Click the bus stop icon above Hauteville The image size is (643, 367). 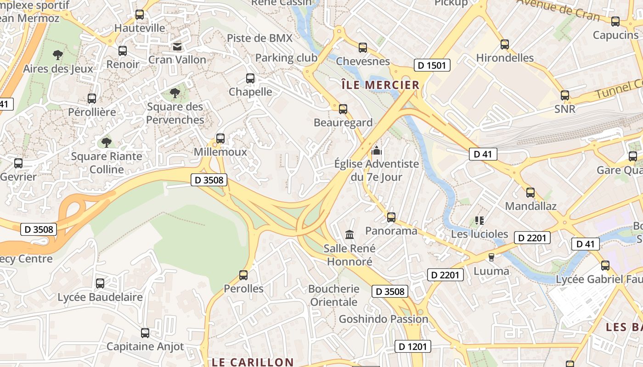coord(140,15)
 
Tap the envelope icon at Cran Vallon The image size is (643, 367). coord(177,46)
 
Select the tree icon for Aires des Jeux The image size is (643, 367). coord(58,56)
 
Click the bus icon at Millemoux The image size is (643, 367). coord(220,138)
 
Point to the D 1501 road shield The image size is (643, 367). coord(432,65)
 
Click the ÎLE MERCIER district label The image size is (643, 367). coord(381,85)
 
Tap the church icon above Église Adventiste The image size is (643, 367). coord(377,150)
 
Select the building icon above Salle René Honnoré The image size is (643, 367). coord(350,235)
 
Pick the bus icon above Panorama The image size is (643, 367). coord(391,217)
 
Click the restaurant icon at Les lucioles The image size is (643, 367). coord(479,221)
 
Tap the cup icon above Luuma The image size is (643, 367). coord(491,257)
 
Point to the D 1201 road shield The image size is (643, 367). coord(413,346)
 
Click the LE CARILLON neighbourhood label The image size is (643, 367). coord(252,362)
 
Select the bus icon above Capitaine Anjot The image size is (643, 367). coord(145,333)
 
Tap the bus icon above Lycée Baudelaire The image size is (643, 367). coord(100,284)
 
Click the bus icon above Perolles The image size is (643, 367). coord(243,275)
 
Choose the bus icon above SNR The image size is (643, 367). coord(565,95)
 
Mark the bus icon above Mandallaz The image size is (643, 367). coord(530,193)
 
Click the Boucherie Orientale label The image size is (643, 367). coord(333,295)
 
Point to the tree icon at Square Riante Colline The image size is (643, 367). coord(107,143)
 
